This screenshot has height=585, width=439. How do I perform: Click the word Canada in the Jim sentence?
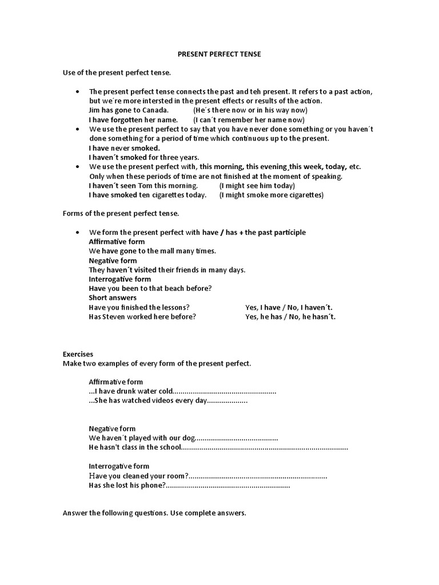(x=157, y=110)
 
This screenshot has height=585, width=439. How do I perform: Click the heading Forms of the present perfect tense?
(x=121, y=214)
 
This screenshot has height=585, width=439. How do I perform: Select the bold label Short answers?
(x=113, y=298)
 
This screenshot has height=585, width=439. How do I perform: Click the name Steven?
(x=115, y=316)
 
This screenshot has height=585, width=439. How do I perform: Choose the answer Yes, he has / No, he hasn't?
(x=290, y=316)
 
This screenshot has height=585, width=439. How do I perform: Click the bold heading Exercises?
(x=78, y=354)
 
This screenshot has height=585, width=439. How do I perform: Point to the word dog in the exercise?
(x=189, y=438)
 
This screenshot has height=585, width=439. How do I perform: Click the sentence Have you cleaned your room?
(x=138, y=476)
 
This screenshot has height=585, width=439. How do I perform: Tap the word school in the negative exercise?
(x=168, y=447)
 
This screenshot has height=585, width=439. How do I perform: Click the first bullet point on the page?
(x=77, y=92)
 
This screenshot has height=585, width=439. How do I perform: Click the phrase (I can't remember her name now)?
(x=249, y=120)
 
